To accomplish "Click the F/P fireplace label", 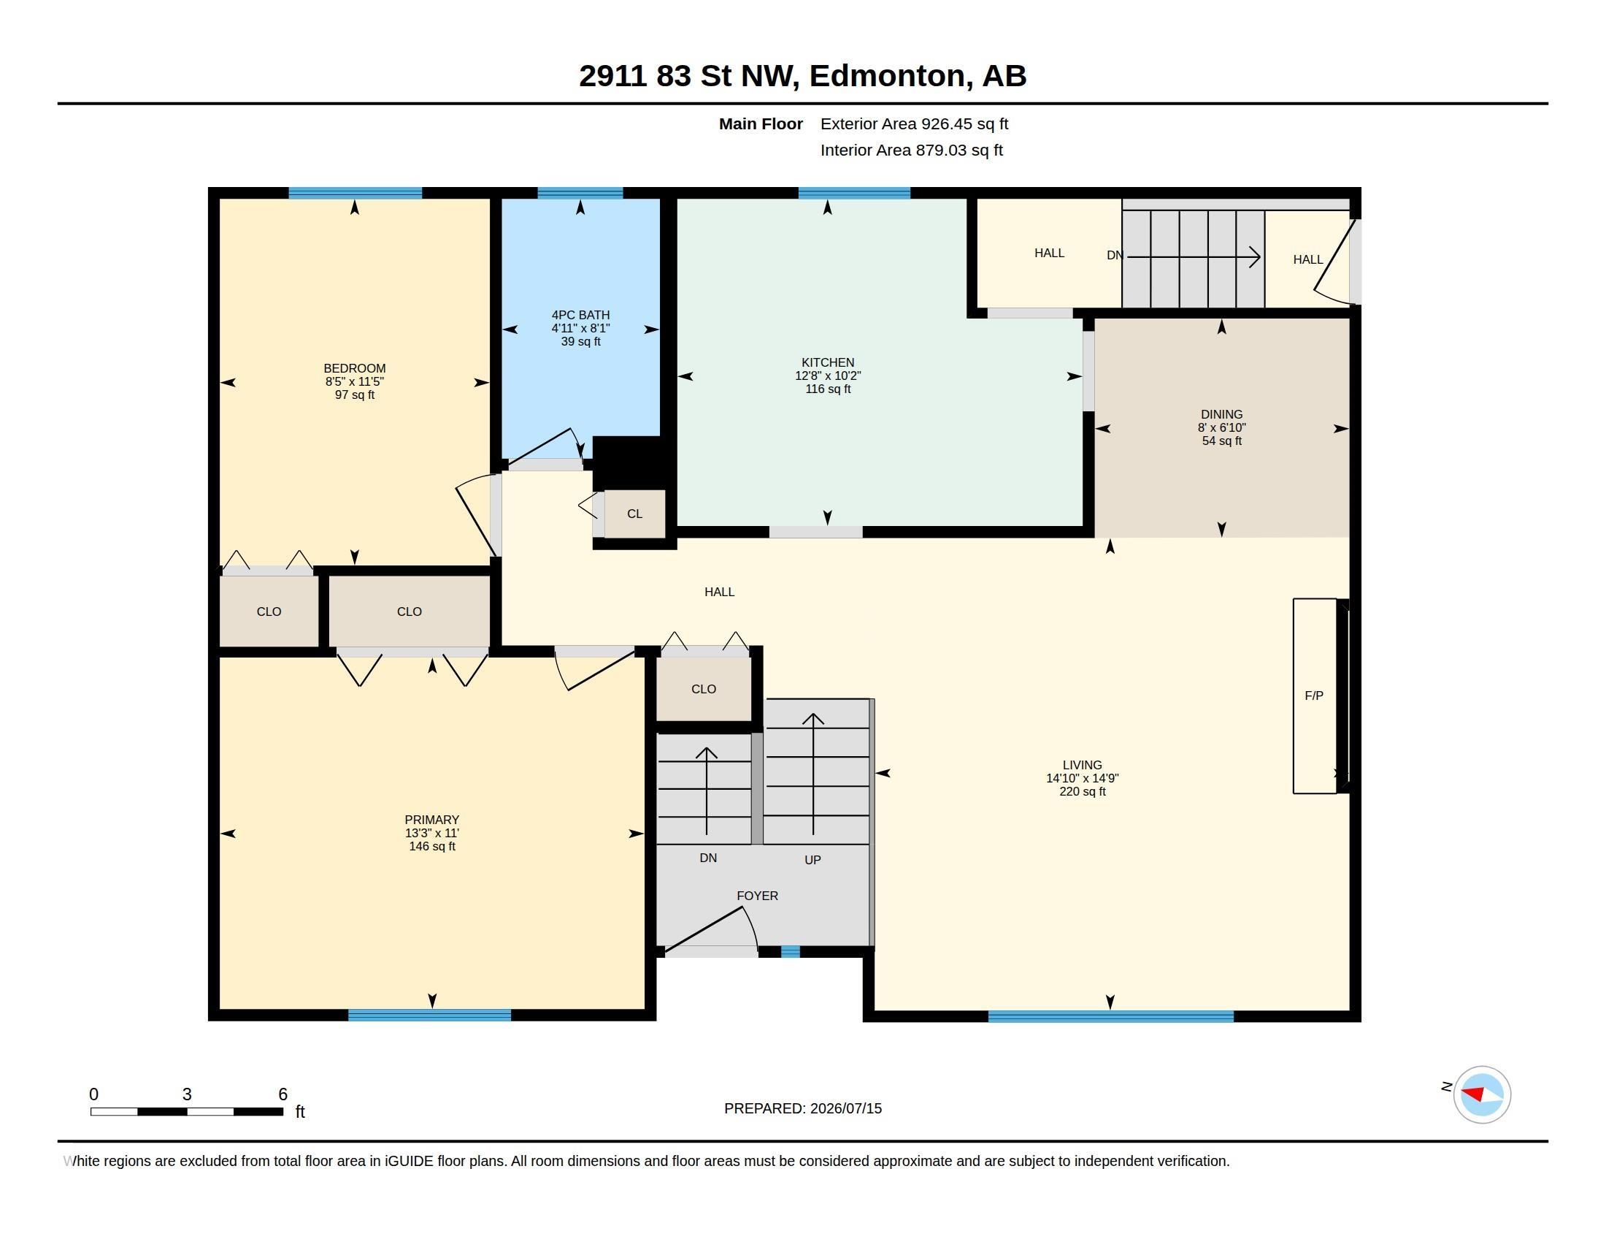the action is coord(1313,696).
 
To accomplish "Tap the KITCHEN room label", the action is coord(827,362).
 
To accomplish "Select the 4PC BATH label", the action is coord(580,315).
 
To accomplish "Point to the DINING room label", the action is coord(1221,414).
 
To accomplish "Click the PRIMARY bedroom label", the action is coord(431,820).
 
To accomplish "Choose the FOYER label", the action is coord(758,896).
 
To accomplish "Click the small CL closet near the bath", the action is coord(634,514).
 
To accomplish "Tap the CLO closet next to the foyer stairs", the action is coord(704,689).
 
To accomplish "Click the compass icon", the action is coord(1482,1094).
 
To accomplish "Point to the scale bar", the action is coord(187,1111).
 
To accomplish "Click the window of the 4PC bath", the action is coord(580,193).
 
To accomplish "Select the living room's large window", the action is coord(1110,1016).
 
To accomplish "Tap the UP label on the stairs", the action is coord(812,859).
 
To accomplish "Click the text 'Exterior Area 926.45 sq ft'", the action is coord(914,123).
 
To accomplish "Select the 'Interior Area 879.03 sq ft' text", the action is coord(911,150).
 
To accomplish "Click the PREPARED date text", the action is coord(803,1108).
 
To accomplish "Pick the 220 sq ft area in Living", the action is coord(1083,792).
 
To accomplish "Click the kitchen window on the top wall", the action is coord(855,193).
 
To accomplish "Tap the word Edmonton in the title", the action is coord(888,76).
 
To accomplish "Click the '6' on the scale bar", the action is coord(283,1094).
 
